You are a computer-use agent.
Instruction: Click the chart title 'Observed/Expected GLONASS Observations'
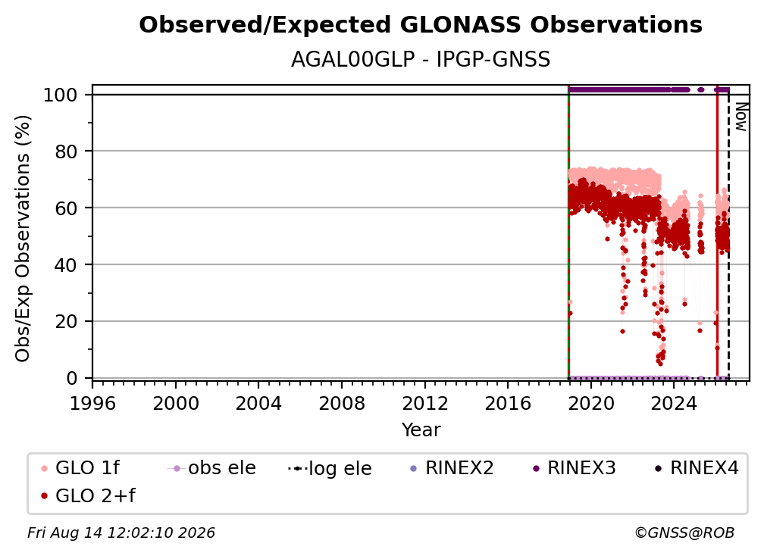coord(421,25)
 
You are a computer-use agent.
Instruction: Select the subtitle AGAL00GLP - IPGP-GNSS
coord(421,60)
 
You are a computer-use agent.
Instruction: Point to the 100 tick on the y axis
coord(67,95)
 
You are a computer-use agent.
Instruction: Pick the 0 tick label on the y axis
coord(72,378)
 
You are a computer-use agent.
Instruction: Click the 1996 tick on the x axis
coord(92,404)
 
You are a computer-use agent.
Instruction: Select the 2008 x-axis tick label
coord(342,404)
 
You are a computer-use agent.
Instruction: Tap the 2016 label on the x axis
coord(508,404)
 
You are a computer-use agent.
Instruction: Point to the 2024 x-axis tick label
coord(674,404)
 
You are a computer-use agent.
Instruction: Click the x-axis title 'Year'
coord(421,430)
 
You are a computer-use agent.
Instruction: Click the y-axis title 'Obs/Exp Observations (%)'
coord(23,239)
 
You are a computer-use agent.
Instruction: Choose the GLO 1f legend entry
coord(80,468)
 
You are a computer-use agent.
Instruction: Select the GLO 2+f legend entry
coord(88,495)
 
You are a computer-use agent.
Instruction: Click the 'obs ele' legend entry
coord(211,468)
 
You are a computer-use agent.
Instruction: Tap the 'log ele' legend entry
coord(330,468)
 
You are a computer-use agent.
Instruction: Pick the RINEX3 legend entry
coord(575,468)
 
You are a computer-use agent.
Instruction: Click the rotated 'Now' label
coord(741,117)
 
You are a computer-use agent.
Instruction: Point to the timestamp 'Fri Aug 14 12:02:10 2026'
coord(121,533)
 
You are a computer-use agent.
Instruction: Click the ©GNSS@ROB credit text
coord(684,533)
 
